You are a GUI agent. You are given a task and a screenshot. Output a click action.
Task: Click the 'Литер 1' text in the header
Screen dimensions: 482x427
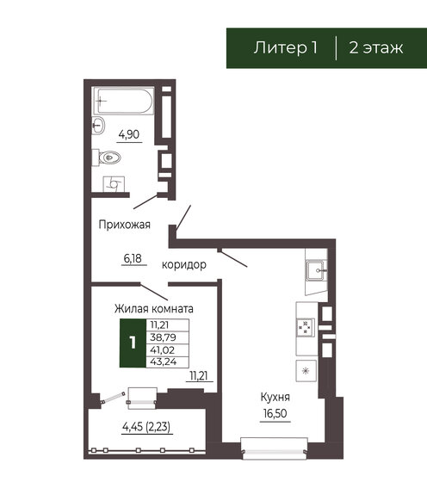coord(283,47)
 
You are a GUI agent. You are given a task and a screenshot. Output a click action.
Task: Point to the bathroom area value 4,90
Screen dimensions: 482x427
coord(129,133)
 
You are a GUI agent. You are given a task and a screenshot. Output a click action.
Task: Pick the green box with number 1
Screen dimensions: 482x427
coord(132,342)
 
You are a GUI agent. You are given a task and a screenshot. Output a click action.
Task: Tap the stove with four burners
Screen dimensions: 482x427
coord(305,327)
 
